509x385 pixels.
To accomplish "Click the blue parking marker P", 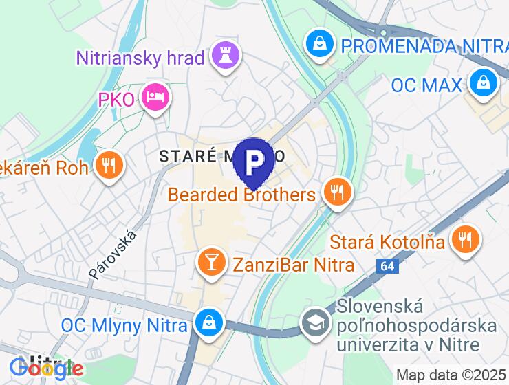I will (254, 161).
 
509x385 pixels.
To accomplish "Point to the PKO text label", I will (116, 100).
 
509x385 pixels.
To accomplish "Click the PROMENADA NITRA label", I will (424, 47).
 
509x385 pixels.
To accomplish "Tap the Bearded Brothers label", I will (241, 195).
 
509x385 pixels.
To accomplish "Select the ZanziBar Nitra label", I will (293, 265).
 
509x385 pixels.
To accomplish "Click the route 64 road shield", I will (387, 264).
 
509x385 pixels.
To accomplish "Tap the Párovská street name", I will (113, 254).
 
